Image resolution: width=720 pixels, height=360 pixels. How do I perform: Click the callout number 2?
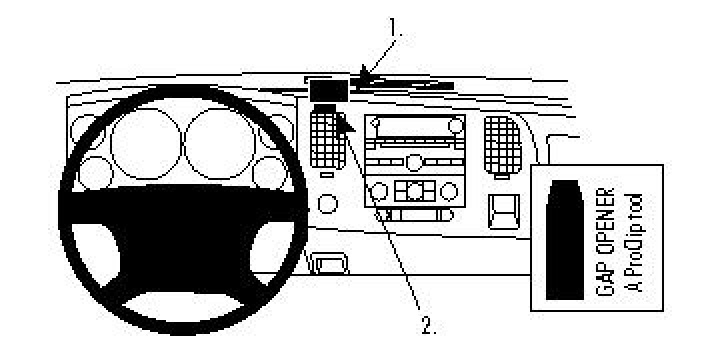click(x=428, y=325)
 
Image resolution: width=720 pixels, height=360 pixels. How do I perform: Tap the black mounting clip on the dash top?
click(x=328, y=91)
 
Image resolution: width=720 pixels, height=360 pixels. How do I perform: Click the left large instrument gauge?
click(x=143, y=139)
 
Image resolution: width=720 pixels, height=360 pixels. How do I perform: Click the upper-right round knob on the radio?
click(x=456, y=126)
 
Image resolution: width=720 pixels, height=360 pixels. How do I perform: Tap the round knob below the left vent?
click(x=327, y=205)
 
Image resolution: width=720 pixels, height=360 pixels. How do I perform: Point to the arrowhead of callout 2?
click(x=343, y=119)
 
